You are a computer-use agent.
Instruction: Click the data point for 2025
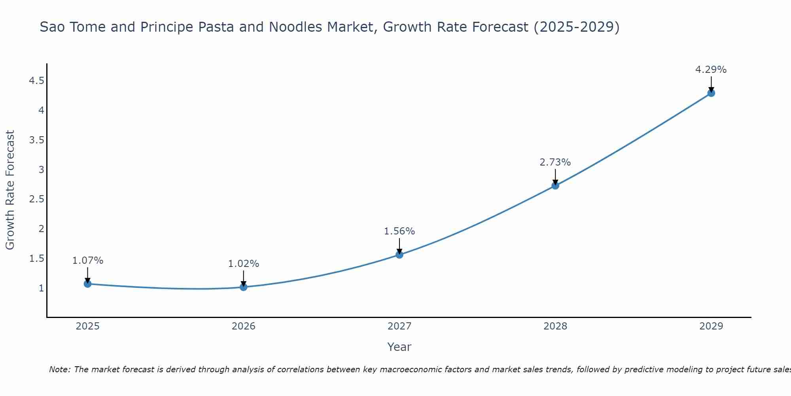click(x=88, y=284)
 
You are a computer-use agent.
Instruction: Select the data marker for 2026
click(x=244, y=287)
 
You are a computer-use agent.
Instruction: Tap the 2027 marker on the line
click(x=399, y=255)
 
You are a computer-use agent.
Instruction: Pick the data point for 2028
click(x=555, y=185)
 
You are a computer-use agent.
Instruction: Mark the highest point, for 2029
click(x=711, y=93)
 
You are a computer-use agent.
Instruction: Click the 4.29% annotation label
click(x=711, y=70)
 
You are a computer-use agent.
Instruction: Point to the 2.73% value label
click(x=555, y=162)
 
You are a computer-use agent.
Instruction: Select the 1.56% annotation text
click(x=399, y=231)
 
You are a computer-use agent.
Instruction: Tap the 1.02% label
click(x=243, y=264)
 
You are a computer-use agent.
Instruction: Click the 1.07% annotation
click(x=87, y=261)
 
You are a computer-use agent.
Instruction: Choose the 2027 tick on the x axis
click(x=399, y=326)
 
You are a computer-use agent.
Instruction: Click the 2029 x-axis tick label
click(x=711, y=326)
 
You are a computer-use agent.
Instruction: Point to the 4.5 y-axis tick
click(x=36, y=81)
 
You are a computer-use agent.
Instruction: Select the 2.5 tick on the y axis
click(x=36, y=199)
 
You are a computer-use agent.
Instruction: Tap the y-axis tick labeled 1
click(x=41, y=288)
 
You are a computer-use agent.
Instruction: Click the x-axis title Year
click(x=399, y=347)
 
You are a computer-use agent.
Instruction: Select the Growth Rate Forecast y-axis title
click(x=10, y=190)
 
